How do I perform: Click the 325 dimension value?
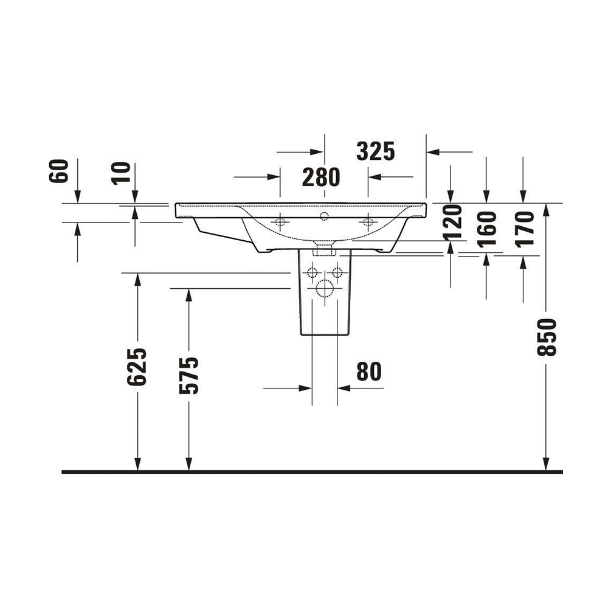point(375,151)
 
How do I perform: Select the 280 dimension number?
point(321,177)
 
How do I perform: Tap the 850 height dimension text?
point(547,337)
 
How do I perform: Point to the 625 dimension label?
point(137,367)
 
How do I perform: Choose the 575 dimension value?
point(189,375)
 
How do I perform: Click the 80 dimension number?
point(369,371)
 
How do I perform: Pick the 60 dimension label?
point(59,171)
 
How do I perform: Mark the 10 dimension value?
point(121,173)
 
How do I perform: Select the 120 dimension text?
point(453,222)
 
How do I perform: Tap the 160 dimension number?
point(487,229)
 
